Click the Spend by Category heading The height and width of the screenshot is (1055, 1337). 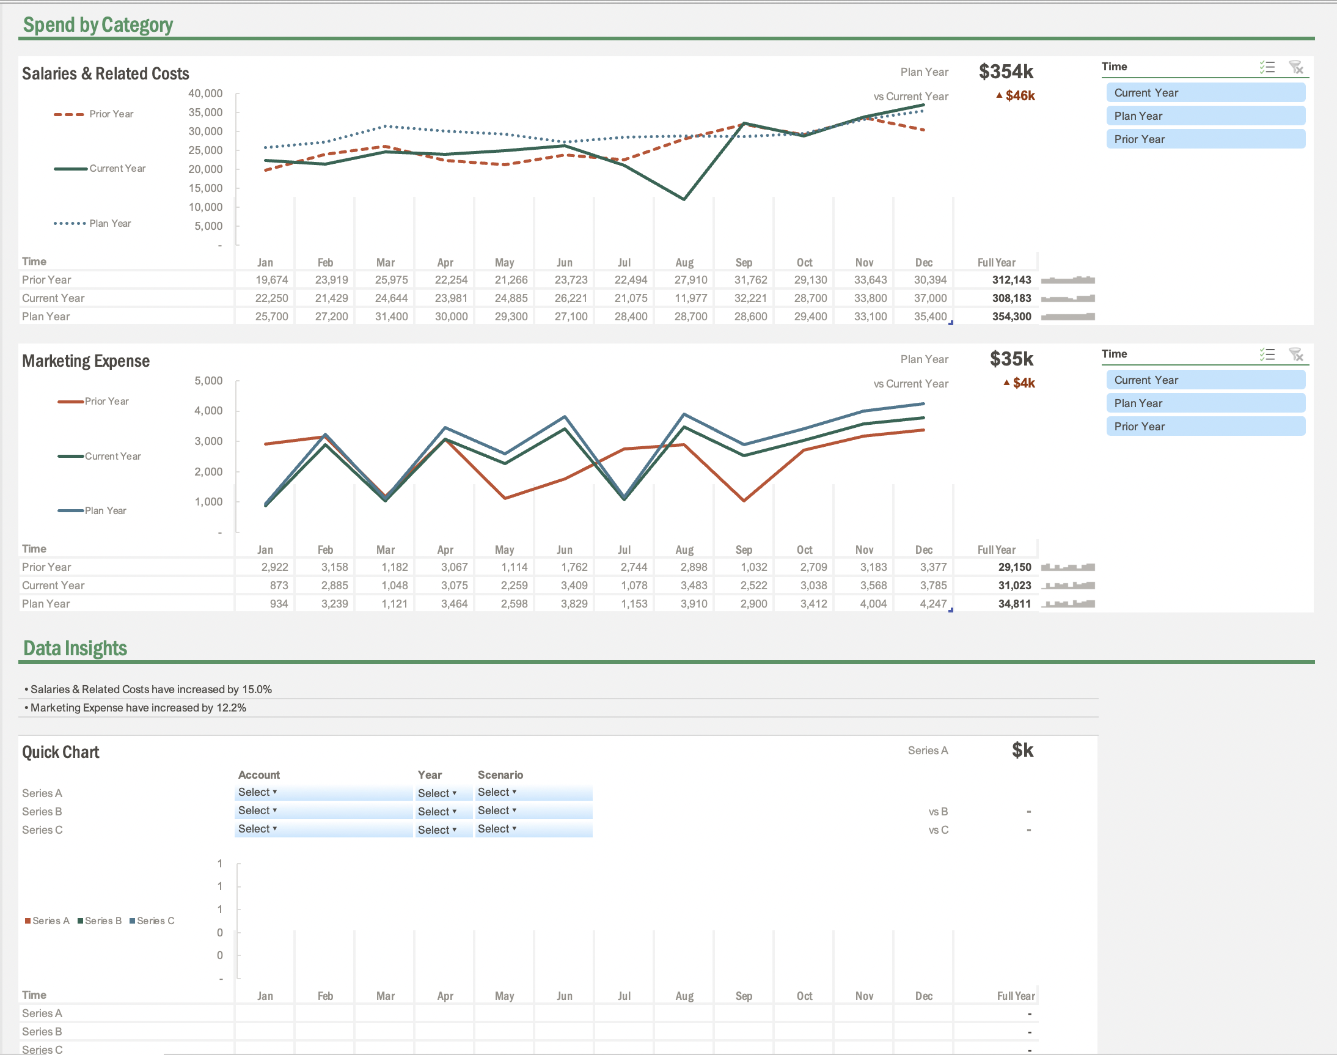click(98, 24)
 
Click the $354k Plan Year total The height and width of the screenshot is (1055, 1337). click(1005, 72)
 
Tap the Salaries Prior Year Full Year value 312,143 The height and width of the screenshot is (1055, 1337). click(1011, 280)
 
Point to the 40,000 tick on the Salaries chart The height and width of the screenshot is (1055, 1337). click(205, 94)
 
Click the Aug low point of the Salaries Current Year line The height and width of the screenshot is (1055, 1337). click(684, 199)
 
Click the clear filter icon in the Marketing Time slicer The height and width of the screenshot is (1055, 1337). click(1295, 355)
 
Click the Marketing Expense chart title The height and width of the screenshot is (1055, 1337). click(86, 361)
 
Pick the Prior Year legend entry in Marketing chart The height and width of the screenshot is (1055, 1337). click(106, 402)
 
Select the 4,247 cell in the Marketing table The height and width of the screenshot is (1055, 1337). click(932, 604)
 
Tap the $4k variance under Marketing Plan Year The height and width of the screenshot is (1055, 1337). click(1024, 383)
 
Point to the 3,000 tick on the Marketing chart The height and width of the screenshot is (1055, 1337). click(208, 441)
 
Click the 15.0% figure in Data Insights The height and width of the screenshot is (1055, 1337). click(257, 689)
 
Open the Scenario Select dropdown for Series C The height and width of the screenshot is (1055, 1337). click(497, 829)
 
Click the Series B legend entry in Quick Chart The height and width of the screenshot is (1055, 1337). click(100, 921)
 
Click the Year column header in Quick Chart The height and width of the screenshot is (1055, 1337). click(429, 774)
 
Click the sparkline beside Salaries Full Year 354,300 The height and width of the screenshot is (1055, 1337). click(1067, 317)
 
